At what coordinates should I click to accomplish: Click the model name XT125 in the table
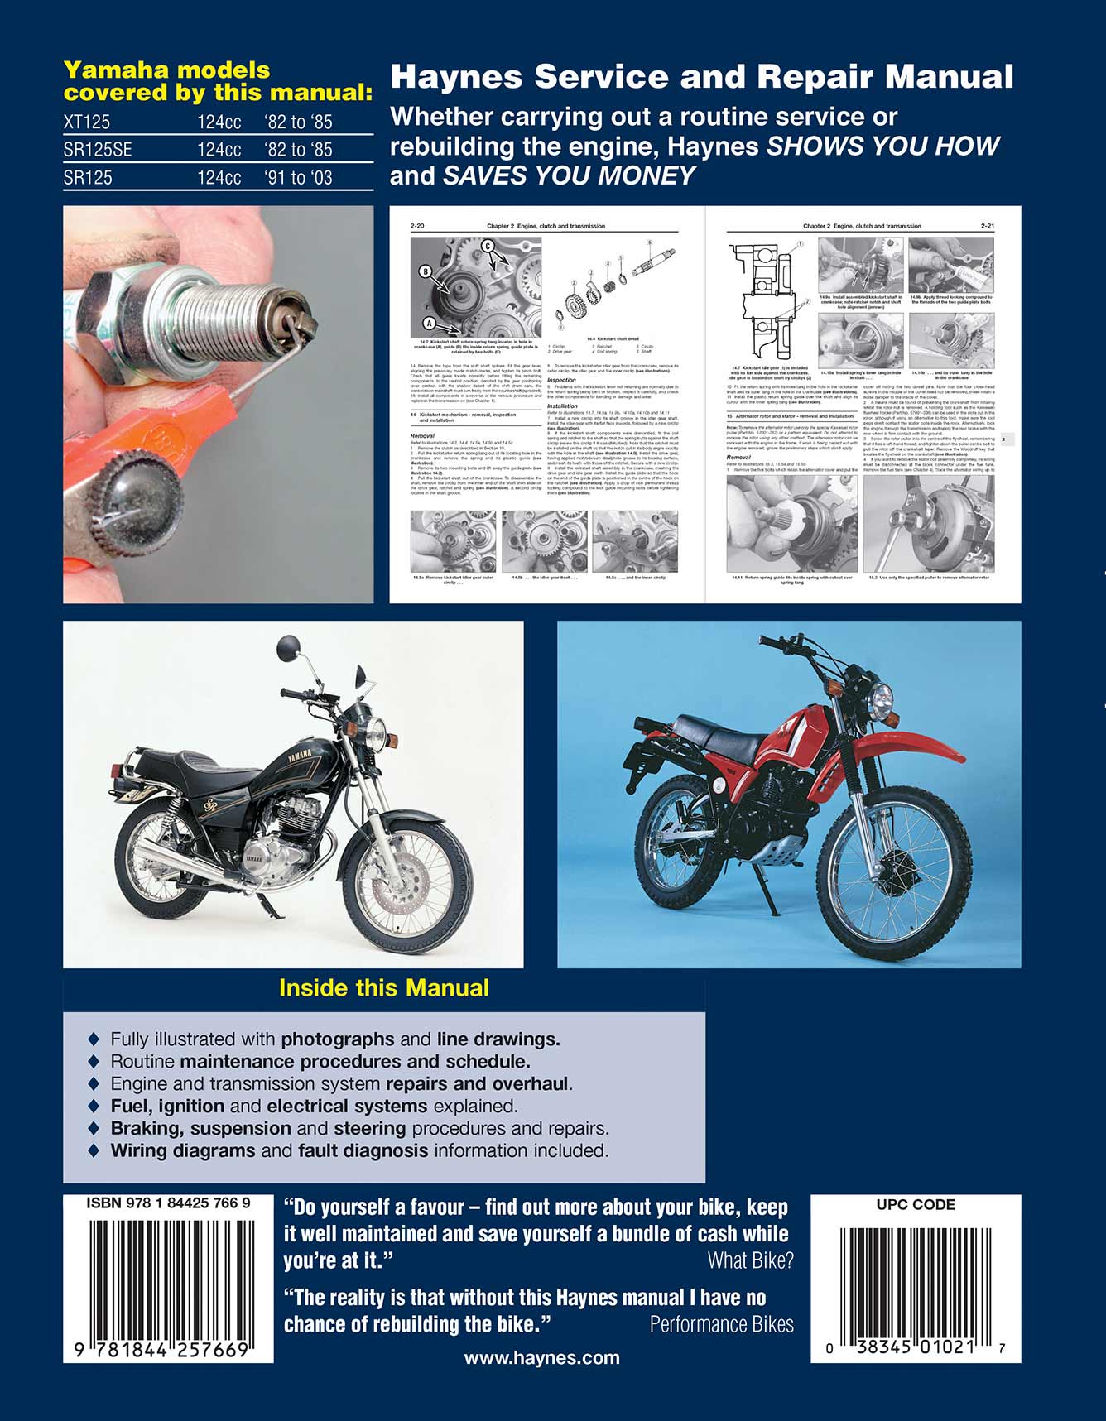87,122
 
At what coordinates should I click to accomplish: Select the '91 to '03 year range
298,178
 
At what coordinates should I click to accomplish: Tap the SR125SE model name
98,150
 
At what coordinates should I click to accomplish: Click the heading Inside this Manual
383,988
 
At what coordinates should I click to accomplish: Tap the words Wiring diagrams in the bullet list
183,1150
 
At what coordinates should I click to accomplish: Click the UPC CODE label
916,1205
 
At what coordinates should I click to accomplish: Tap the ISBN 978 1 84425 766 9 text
168,1204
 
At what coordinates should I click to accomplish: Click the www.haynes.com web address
541,1357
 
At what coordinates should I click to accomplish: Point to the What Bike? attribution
750,1260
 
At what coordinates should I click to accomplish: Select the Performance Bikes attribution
721,1324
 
